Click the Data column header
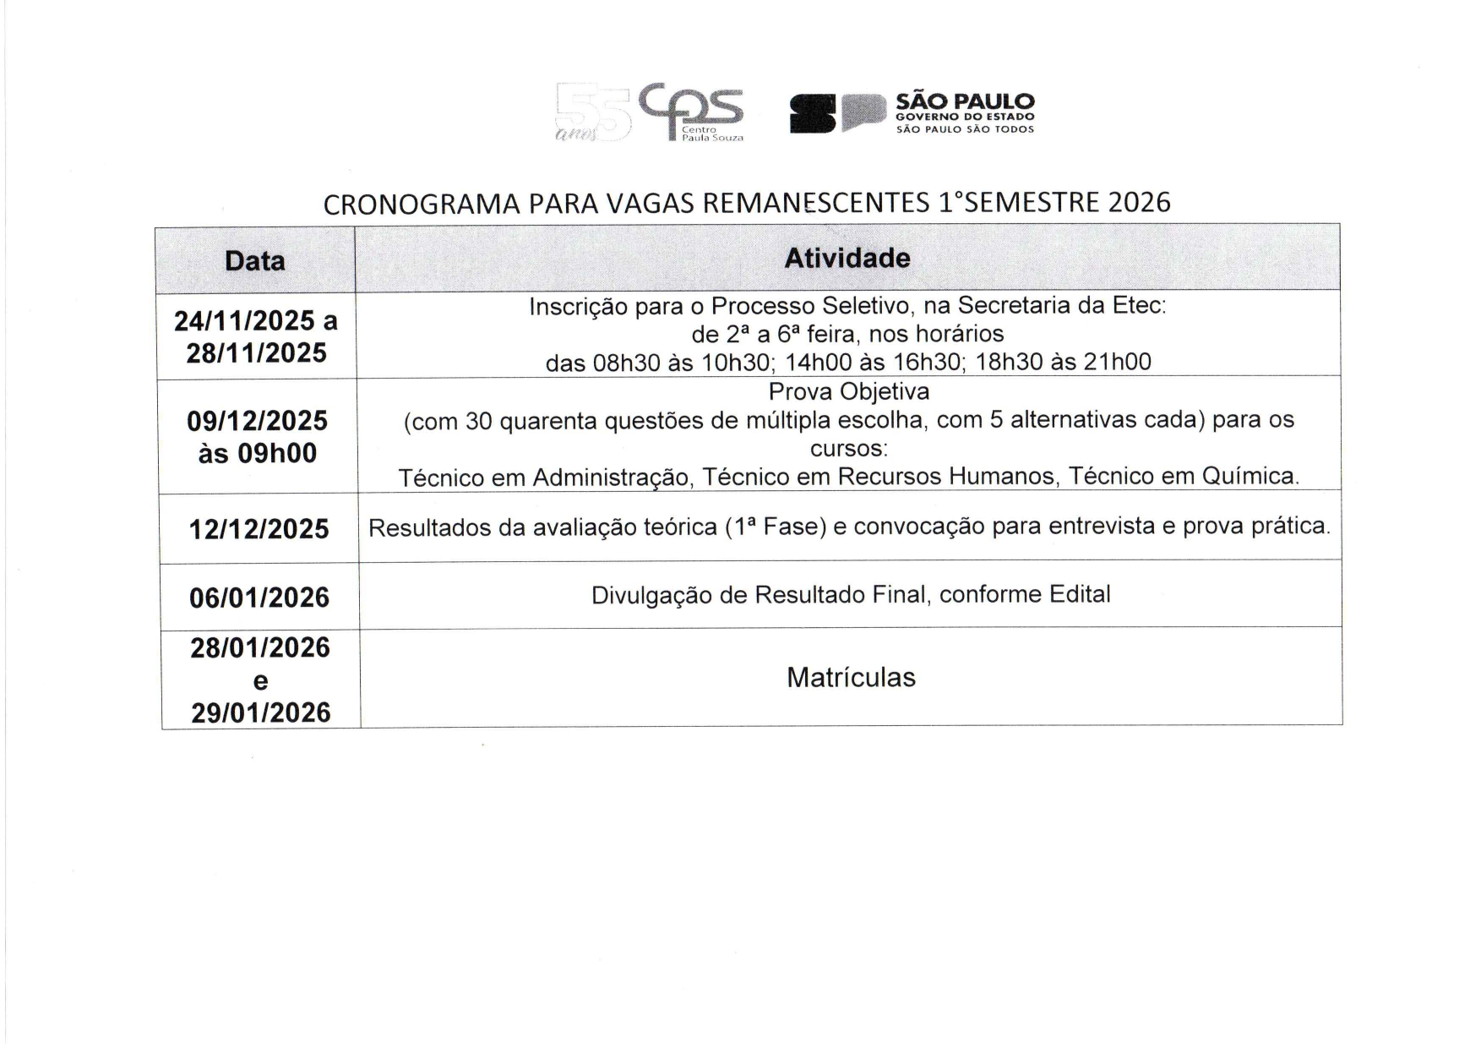(254, 260)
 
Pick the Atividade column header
(847, 258)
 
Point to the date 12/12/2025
(259, 529)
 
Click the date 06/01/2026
(259, 598)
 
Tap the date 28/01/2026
(260, 647)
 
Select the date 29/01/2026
(260, 712)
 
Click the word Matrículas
(851, 677)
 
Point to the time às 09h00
(258, 453)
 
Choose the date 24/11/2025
(244, 321)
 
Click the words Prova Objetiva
(848, 391)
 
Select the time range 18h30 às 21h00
(1063, 362)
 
